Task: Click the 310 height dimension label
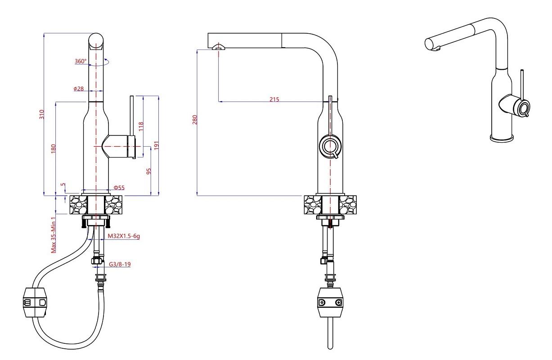coord(42,114)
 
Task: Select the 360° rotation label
coord(81,61)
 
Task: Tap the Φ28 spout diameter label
coord(79,89)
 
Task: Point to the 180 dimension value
coord(54,149)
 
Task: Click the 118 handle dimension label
coord(141,126)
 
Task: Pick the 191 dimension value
coord(157,145)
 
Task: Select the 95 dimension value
coord(149,171)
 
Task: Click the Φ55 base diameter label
coord(119,188)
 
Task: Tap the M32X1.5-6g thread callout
coord(124,236)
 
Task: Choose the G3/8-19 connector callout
coord(120,264)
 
